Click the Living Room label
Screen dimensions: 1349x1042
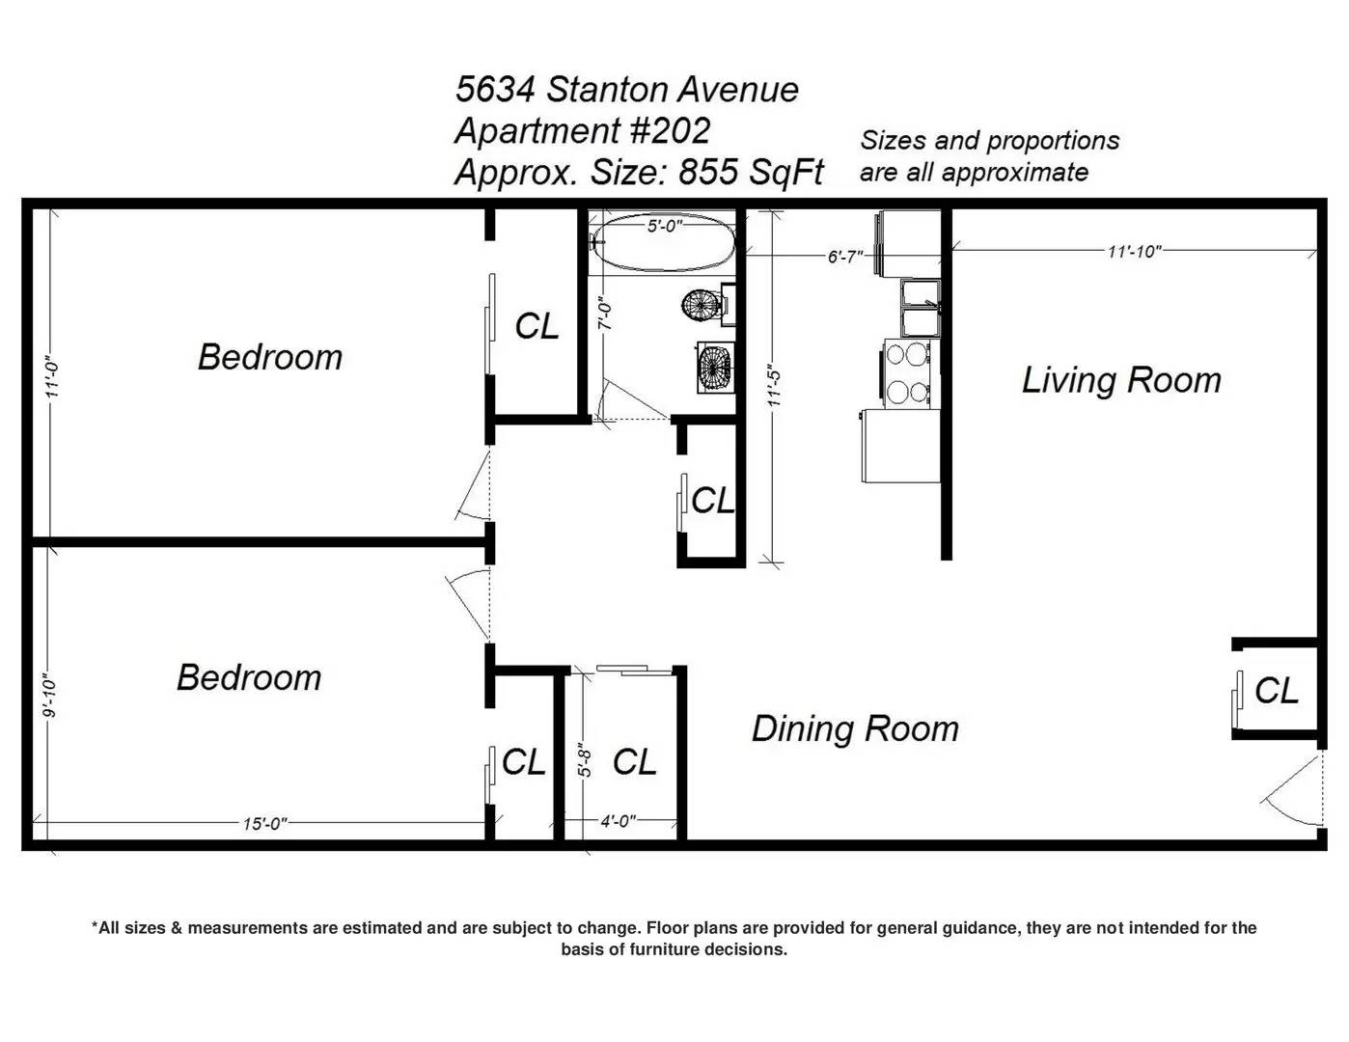coord(1120,380)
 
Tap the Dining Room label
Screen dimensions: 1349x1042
coord(855,728)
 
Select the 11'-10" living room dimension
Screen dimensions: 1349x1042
coord(1134,252)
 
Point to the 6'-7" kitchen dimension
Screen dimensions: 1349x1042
coord(845,257)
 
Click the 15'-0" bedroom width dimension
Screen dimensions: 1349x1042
coord(264,824)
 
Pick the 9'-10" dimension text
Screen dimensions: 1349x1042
coord(49,696)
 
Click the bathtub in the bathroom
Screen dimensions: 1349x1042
coord(663,243)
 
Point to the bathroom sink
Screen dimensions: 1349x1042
coord(716,367)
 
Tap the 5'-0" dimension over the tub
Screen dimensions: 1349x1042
coord(664,226)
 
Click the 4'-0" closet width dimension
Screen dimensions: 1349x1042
coord(619,822)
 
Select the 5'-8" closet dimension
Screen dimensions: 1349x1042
coord(585,760)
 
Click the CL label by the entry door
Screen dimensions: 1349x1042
coord(1277,691)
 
